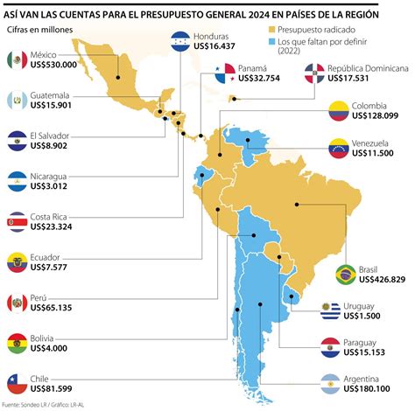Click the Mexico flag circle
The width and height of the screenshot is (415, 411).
tap(16, 59)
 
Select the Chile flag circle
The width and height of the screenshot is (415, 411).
tap(16, 381)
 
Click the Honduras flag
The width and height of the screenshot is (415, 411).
tap(179, 40)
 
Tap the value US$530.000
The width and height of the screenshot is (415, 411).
tap(53, 65)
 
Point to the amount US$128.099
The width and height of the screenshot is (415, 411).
tap(375, 116)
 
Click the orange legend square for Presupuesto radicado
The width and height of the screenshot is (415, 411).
tap(271, 30)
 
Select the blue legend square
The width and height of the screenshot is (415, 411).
tap(271, 42)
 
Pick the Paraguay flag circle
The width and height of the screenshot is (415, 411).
tap(329, 346)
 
